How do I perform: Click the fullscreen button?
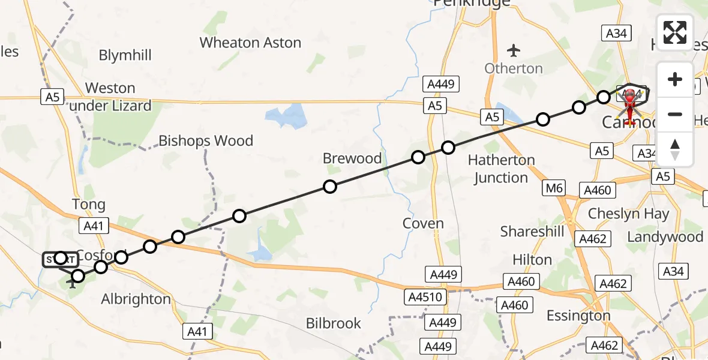(x=675, y=32)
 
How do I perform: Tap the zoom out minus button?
(x=675, y=114)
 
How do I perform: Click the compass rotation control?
(x=675, y=149)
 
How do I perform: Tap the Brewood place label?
(x=352, y=158)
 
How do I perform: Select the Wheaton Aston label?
(x=250, y=43)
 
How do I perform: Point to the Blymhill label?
(x=125, y=56)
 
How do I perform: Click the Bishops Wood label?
(x=206, y=141)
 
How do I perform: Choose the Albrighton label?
(x=136, y=299)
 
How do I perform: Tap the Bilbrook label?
(x=334, y=323)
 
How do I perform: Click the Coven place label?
(x=423, y=224)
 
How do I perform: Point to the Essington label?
(x=579, y=316)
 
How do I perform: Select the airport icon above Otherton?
(x=514, y=49)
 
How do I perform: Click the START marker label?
(x=60, y=260)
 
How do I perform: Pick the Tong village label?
(x=88, y=205)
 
